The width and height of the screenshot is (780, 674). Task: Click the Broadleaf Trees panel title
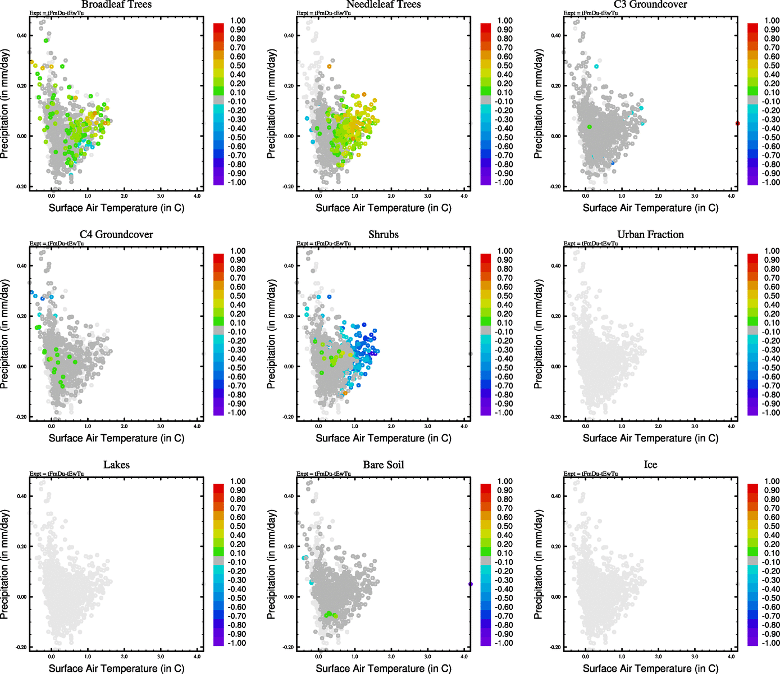(x=116, y=4)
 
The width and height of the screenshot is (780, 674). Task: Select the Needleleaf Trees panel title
(x=384, y=4)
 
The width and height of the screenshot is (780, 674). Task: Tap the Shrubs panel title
(x=384, y=234)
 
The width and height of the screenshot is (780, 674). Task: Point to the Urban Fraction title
(x=650, y=234)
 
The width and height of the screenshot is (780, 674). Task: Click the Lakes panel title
(x=116, y=464)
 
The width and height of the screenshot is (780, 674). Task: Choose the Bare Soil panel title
(x=384, y=464)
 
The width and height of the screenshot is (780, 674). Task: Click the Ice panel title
(x=650, y=464)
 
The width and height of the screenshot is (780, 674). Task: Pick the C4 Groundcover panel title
(x=116, y=234)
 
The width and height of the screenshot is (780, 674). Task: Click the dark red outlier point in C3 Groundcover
(x=737, y=124)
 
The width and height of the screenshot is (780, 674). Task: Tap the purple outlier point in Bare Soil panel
(x=471, y=584)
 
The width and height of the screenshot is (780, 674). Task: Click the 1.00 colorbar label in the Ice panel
(x=772, y=481)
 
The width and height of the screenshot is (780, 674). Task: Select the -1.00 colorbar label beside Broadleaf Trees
(x=236, y=183)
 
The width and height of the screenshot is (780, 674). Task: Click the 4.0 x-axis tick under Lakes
(x=197, y=656)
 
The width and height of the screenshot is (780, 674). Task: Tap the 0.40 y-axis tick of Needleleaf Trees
(x=289, y=35)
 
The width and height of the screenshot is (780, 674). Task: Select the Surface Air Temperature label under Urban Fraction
(x=650, y=438)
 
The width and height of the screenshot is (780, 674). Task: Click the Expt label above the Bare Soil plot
(x=323, y=473)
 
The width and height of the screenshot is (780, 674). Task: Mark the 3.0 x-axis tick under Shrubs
(x=428, y=426)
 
